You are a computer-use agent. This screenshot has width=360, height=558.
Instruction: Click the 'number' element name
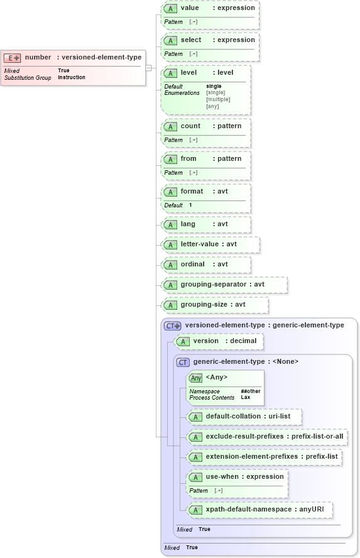tap(38, 57)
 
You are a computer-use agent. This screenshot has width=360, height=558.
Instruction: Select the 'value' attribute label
tap(190, 8)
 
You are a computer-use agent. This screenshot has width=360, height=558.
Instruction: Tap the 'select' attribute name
tap(191, 40)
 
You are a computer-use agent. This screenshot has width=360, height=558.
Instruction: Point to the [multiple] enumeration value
tap(218, 99)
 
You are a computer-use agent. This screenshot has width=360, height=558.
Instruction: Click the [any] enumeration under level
tap(212, 106)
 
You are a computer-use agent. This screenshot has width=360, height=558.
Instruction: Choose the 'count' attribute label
tap(191, 126)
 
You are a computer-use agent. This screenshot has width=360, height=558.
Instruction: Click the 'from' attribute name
tap(188, 159)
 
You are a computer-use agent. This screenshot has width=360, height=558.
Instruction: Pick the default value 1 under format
tap(190, 205)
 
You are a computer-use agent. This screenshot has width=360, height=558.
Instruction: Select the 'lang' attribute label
tap(188, 224)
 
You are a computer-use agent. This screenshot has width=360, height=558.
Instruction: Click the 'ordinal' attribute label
tap(193, 265)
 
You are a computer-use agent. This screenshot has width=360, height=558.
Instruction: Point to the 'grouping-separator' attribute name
tap(214, 285)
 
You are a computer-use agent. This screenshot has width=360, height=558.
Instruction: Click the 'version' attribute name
tap(206, 341)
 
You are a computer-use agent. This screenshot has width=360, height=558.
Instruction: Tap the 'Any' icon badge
tap(196, 378)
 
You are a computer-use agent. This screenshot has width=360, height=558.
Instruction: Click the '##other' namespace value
tap(250, 391)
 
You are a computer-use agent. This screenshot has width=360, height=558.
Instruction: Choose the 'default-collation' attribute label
tap(233, 417)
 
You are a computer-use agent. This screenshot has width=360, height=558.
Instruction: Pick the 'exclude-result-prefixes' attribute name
tap(244, 436)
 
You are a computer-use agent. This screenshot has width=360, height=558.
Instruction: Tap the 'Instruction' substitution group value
tap(72, 77)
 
